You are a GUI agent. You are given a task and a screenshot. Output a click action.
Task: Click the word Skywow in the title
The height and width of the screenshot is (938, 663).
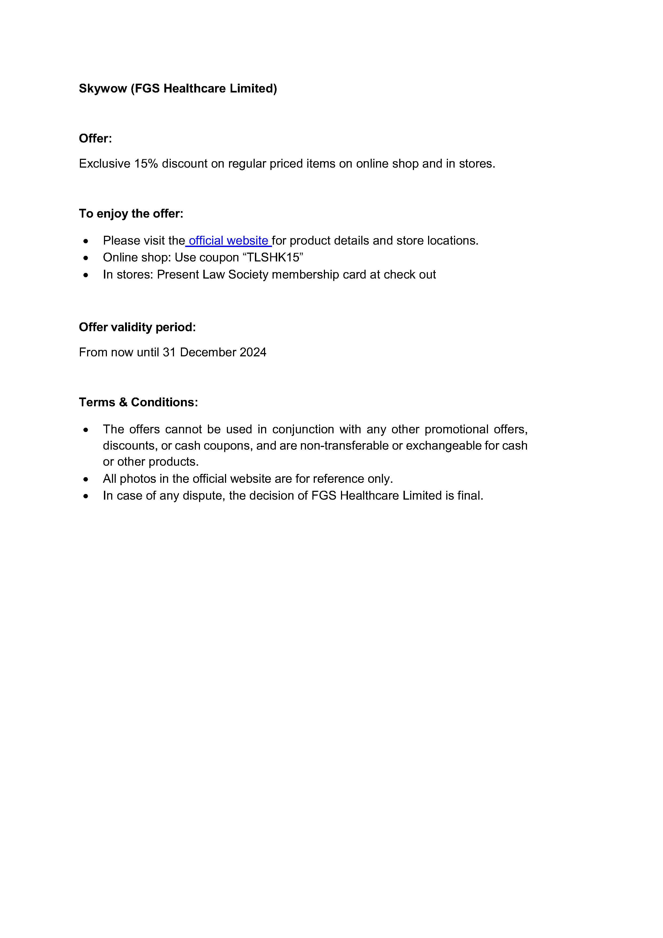coord(103,89)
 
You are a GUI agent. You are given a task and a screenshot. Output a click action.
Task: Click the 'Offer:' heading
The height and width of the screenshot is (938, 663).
coord(95,138)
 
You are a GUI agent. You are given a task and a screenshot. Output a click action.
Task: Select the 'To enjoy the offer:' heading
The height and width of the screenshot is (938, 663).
coord(131,214)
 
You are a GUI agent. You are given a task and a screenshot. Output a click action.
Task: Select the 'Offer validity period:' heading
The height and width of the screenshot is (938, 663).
coord(137,327)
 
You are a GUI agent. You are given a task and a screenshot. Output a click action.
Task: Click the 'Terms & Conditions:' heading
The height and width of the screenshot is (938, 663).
coord(138,402)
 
